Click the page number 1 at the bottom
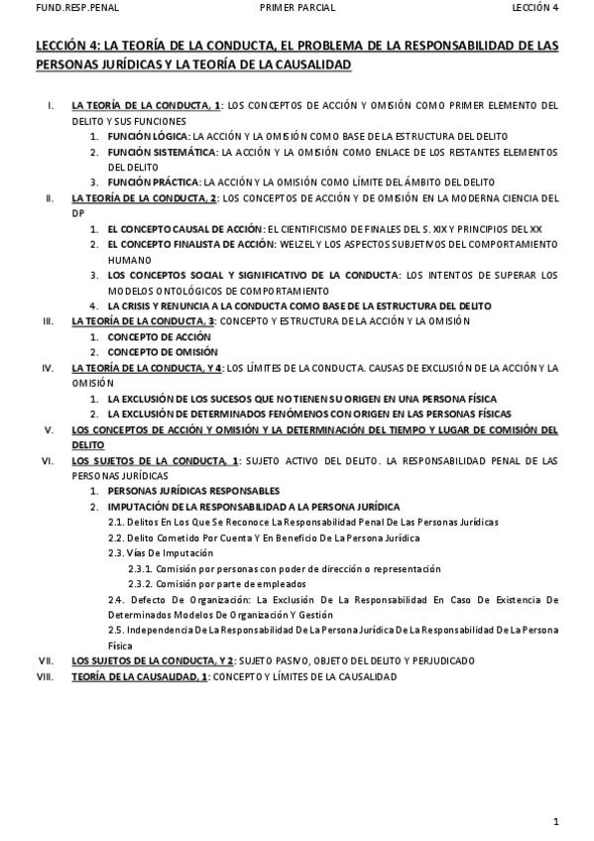pos(557,820)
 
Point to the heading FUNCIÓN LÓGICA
pos(149,135)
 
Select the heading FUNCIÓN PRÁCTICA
pos(155,182)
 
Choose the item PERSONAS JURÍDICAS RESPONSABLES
pos(193,491)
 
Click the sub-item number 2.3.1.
pos(140,569)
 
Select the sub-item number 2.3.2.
pos(140,584)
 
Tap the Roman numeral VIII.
pos(45,676)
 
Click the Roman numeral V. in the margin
pos(48,429)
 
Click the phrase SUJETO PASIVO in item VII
pos(289,661)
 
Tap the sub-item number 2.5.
pos(115,630)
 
